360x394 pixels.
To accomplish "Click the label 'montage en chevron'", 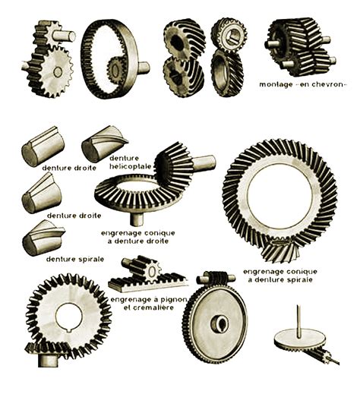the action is click(302, 84).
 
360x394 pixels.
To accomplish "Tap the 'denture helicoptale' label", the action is click(130, 162).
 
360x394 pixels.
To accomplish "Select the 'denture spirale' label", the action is click(75, 259).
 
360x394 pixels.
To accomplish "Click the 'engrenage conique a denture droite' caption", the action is click(138, 237).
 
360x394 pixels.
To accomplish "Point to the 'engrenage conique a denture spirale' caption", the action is click(280, 276).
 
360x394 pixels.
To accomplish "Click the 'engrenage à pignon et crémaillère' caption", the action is click(149, 304).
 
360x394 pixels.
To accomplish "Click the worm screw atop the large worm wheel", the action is click(216, 279).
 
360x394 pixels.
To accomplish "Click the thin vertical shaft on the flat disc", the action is click(299, 321).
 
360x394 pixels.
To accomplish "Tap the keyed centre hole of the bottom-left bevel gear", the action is click(69, 317).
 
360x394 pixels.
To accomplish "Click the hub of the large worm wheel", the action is click(219, 324).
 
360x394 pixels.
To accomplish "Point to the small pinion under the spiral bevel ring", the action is click(280, 251).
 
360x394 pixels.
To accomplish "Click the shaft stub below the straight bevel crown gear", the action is click(137, 219).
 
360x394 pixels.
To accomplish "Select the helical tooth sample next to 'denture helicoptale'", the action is click(105, 143).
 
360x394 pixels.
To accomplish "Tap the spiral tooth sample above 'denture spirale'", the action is click(43, 238).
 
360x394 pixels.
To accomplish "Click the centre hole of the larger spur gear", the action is click(58, 72).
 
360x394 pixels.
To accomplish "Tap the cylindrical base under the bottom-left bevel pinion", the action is click(48, 360).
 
